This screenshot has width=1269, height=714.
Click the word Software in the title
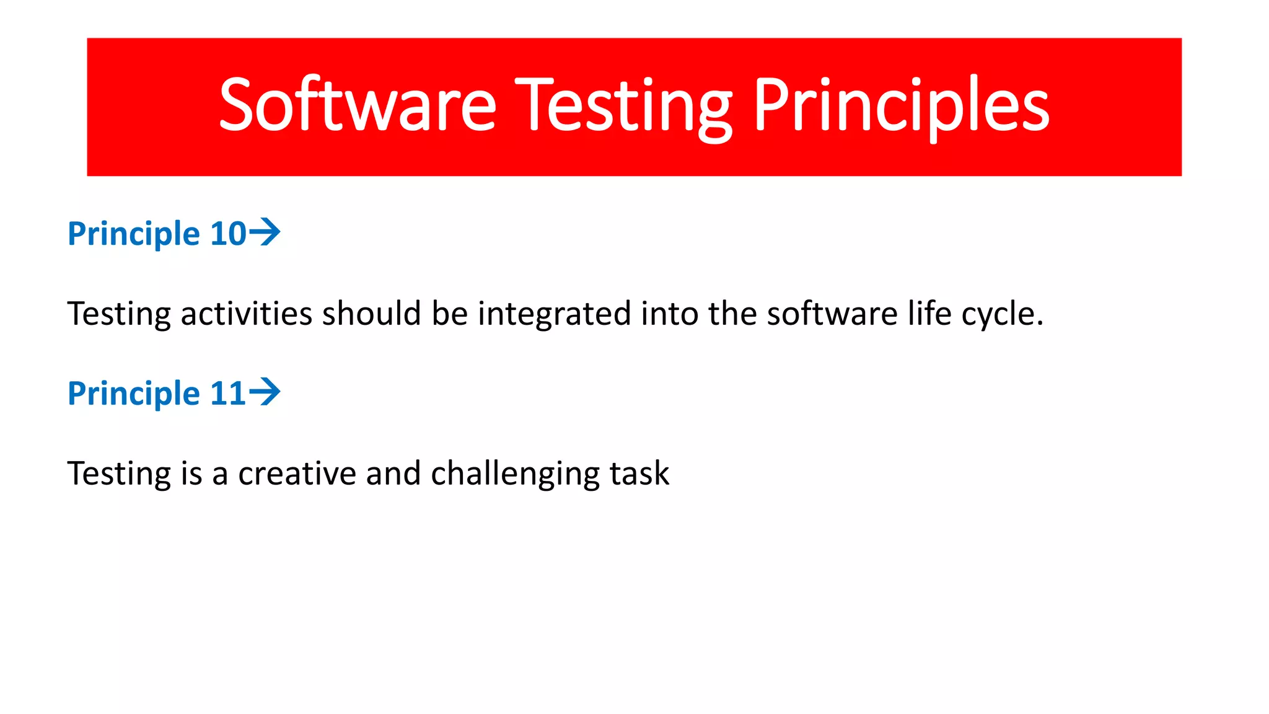click(358, 105)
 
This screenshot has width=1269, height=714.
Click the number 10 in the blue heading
click(228, 234)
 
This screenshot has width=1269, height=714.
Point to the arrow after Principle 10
click(265, 232)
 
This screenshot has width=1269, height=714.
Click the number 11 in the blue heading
click(228, 394)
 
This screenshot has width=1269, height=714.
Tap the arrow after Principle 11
click(265, 392)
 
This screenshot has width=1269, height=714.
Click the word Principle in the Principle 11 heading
click(134, 394)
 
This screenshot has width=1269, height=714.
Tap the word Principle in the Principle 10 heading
click(134, 234)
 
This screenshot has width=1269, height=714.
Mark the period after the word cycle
click(1040, 324)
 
